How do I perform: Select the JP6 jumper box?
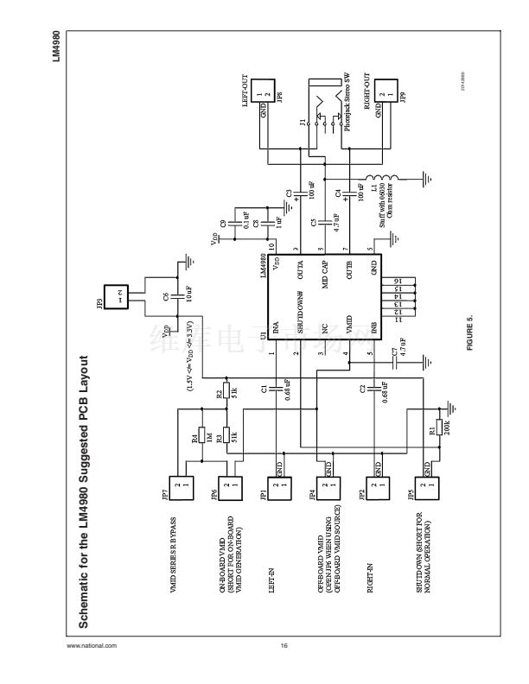click(229, 488)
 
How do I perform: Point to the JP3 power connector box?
click(115, 299)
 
